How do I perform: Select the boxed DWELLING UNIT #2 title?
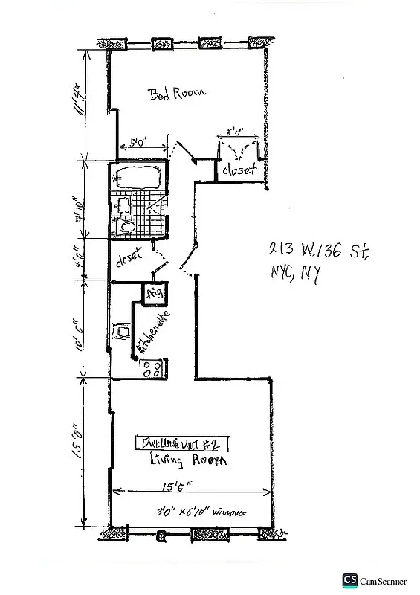click(182, 444)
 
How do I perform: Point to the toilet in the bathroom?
click(124, 225)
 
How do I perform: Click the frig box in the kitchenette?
click(155, 293)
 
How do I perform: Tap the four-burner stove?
click(152, 368)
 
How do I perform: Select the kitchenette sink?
click(120, 332)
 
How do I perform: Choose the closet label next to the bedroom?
click(239, 170)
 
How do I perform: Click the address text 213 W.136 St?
click(317, 251)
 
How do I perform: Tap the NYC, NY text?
click(295, 274)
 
